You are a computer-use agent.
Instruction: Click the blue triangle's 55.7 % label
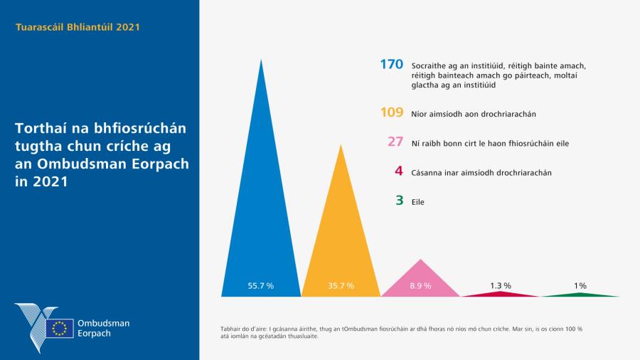click(260, 285)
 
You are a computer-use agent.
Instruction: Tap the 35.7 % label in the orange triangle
click(341, 285)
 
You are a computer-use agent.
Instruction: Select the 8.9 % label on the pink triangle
click(420, 285)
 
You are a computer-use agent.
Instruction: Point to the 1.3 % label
click(500, 285)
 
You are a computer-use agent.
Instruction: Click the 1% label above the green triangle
click(580, 285)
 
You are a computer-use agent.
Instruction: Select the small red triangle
click(501, 293)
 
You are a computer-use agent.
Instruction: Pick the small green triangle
click(580, 294)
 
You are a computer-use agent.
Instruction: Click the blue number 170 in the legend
click(391, 65)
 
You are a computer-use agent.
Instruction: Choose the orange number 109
click(392, 112)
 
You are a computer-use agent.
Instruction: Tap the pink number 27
click(395, 142)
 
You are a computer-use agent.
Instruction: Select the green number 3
click(400, 201)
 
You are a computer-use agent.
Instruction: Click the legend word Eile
click(418, 202)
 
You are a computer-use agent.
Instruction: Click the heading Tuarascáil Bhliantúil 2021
click(78, 28)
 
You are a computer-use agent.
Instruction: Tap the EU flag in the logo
click(59, 328)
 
